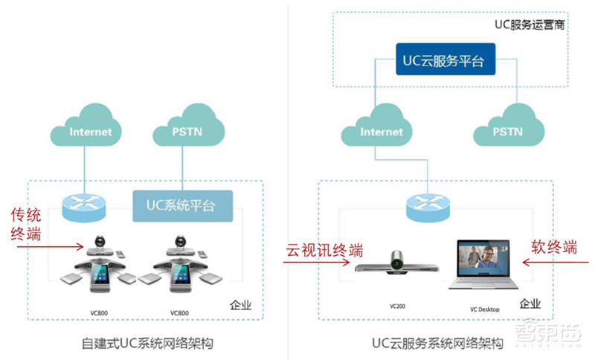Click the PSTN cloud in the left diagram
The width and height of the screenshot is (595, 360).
click(x=180, y=132)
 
